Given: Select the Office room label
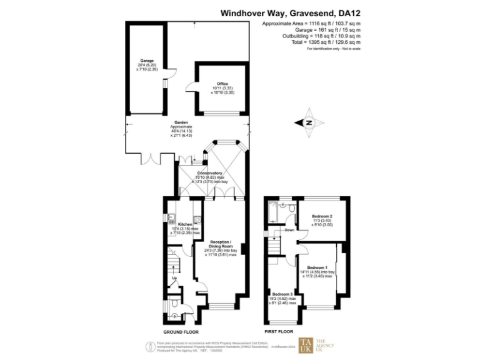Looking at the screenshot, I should (222, 84).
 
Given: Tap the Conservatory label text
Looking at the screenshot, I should (209, 173).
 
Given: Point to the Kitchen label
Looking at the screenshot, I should (185, 224).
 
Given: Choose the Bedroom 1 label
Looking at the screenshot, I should (317, 267).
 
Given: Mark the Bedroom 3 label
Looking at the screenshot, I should (282, 294).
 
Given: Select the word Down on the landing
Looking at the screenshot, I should (289, 229).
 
